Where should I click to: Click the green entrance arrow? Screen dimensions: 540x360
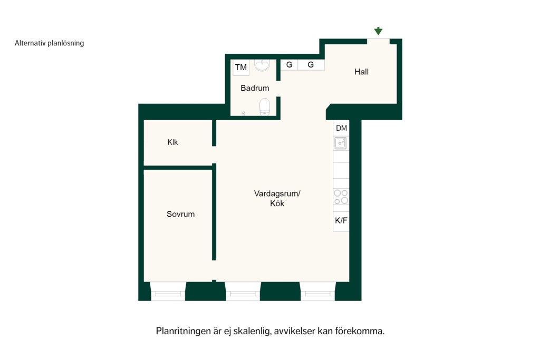tap(378, 31)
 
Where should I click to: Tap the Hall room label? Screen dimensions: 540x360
tap(361, 72)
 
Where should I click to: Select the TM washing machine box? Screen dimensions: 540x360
tap(240, 67)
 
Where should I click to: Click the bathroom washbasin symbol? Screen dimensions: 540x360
tap(262, 65)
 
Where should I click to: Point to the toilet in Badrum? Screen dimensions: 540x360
tap(265, 106)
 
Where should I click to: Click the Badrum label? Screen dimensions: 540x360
tap(255, 88)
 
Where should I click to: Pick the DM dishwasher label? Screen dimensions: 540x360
tap(341, 128)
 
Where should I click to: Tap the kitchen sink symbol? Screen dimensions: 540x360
tap(341, 143)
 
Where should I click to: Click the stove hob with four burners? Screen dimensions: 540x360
tap(341, 197)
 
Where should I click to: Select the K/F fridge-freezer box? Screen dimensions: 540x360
tap(341, 221)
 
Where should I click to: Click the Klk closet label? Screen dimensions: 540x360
tap(172, 142)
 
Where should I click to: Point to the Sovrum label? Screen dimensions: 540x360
tap(180, 214)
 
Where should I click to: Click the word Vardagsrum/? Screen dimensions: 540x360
tap(277, 193)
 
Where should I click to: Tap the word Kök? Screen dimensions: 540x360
tap(277, 203)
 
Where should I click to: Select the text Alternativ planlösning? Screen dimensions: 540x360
tap(49, 43)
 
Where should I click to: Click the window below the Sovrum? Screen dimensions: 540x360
tap(168, 291)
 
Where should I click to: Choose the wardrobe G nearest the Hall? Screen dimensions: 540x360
tap(311, 65)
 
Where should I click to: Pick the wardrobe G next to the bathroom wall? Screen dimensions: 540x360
tap(290, 65)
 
